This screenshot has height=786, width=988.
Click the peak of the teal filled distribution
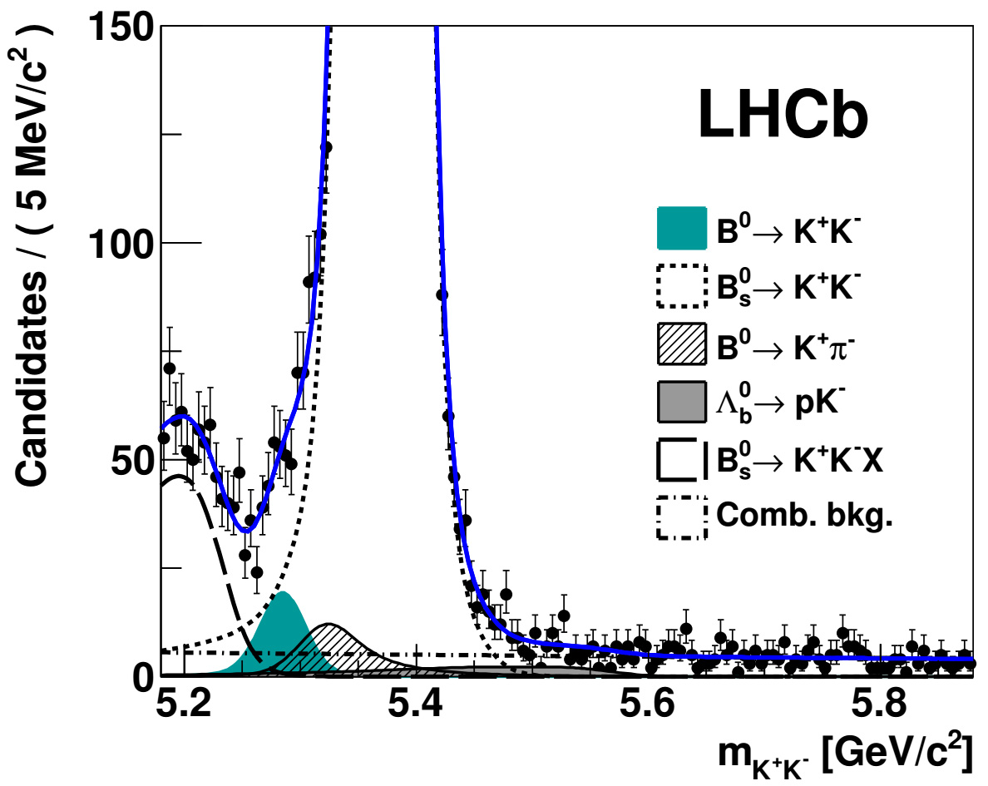click(x=283, y=592)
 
